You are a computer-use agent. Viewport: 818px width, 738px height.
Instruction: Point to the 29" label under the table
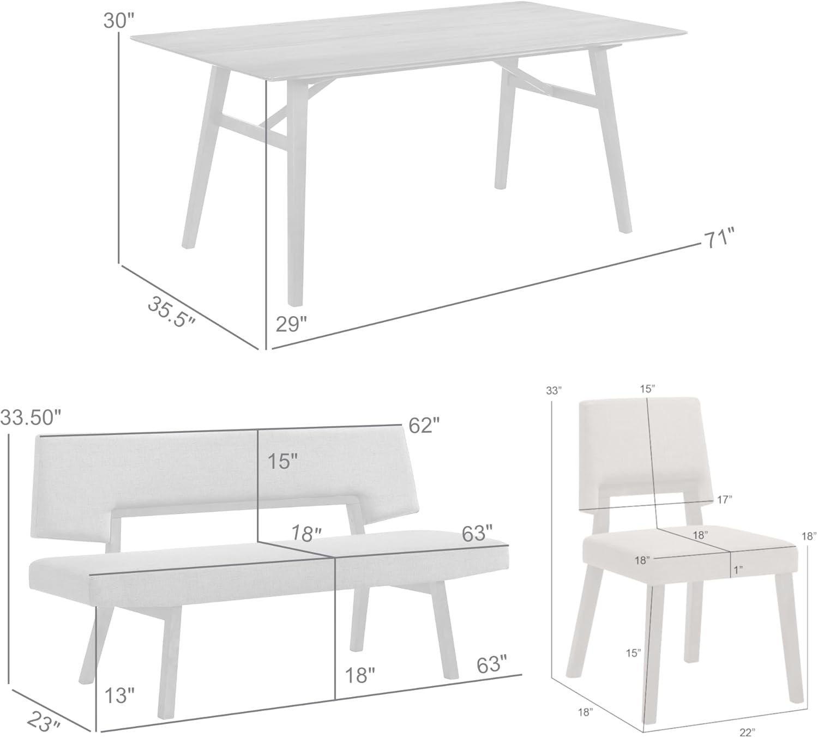pos(291,324)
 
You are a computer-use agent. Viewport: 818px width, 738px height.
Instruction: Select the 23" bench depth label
pos(44,723)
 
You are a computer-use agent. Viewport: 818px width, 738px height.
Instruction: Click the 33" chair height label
pos(554,390)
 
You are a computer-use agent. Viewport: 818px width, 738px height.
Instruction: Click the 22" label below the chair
pos(747,733)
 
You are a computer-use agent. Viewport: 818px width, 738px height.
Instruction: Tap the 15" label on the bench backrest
pos(282,462)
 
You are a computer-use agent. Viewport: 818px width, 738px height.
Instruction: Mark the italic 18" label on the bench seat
pos(306,534)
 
